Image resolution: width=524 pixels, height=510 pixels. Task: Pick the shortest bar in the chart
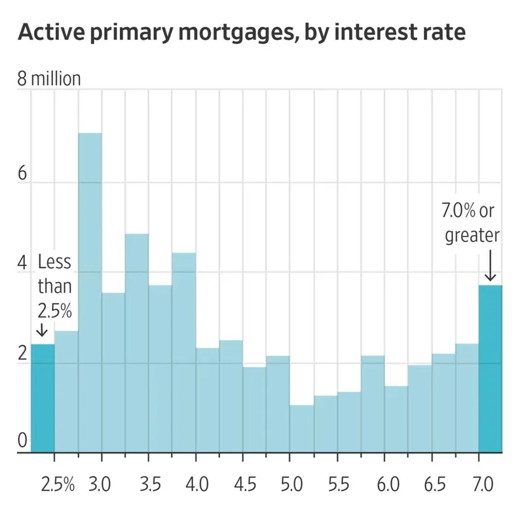click(302, 429)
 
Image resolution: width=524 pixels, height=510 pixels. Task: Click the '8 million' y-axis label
click(49, 79)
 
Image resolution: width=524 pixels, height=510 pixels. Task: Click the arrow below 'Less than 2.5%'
click(43, 330)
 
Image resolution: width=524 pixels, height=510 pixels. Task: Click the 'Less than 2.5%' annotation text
click(55, 287)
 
